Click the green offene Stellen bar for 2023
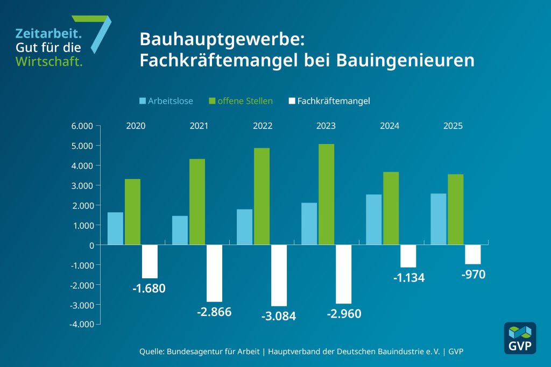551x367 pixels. (x=326, y=195)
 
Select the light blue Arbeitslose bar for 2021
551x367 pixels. (x=180, y=231)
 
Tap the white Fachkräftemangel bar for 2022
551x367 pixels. (x=279, y=275)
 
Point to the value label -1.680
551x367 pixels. (x=149, y=289)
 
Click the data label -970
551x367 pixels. (x=474, y=275)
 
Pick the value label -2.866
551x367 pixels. (x=214, y=312)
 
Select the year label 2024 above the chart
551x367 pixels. (x=390, y=126)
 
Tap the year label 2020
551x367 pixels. (x=136, y=126)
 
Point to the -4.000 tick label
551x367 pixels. (x=81, y=325)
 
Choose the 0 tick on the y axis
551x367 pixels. (x=91, y=245)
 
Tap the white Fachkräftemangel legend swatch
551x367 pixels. (x=292, y=100)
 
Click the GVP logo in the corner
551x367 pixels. (x=519, y=338)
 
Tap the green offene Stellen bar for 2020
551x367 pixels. (x=132, y=212)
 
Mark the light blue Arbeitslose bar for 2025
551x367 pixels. (x=439, y=219)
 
